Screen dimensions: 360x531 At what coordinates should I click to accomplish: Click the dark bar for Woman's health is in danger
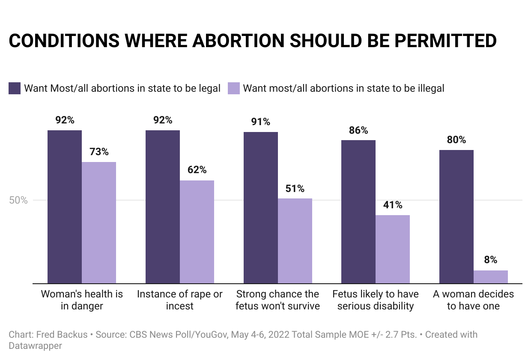point(65,207)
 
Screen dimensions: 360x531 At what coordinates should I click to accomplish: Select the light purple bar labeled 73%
point(99,222)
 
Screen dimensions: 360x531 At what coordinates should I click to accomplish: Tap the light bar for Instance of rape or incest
point(197,232)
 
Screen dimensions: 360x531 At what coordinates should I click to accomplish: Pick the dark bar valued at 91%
point(261,207)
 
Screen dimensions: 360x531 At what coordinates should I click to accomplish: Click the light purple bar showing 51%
point(295,241)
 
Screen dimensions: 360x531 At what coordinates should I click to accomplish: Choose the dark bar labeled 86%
point(358,212)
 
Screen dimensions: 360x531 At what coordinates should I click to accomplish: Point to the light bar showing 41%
point(393,249)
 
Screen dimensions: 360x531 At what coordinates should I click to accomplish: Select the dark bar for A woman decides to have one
point(456,216)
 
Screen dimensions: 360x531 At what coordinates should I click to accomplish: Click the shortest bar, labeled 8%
point(491,277)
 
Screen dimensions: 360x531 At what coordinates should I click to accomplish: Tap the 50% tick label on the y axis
point(18,200)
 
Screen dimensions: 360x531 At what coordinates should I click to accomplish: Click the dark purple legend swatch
point(15,88)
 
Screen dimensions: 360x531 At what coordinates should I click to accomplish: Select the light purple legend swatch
point(233,88)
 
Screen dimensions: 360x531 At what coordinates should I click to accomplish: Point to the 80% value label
point(456,140)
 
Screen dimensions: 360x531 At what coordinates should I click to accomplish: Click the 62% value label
point(197,170)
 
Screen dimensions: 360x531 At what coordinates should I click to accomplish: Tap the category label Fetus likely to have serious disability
point(376,300)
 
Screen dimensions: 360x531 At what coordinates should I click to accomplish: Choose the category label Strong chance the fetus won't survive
point(278,300)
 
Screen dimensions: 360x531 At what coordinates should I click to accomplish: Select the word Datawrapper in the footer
point(35,345)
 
